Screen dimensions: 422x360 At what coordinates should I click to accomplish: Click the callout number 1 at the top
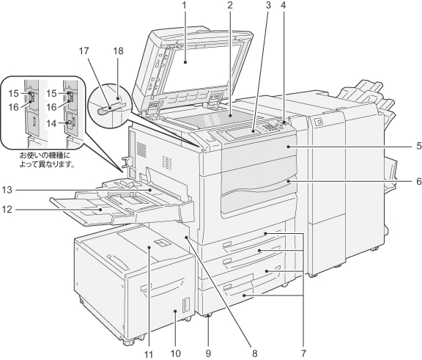click(x=185, y=5)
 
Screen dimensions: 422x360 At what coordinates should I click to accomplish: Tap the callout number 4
click(x=283, y=5)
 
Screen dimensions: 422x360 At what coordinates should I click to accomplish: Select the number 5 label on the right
click(x=419, y=146)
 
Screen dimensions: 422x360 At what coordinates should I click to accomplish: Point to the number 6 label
click(x=419, y=182)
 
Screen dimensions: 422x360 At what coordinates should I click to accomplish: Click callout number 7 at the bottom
click(x=303, y=353)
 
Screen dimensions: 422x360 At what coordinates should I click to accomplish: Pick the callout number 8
click(x=254, y=353)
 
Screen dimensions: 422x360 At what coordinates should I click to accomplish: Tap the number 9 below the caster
click(x=208, y=353)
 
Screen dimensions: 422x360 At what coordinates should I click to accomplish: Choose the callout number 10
click(x=176, y=353)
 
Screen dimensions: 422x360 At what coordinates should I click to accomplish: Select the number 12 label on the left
click(x=7, y=209)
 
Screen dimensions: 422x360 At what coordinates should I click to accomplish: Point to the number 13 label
click(x=7, y=190)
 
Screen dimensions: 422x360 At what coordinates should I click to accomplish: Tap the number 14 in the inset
click(x=51, y=124)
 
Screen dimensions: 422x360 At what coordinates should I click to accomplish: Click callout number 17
click(x=84, y=51)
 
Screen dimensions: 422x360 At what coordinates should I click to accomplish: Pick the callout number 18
click(x=118, y=51)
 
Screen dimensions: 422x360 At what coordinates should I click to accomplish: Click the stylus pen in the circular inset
click(x=109, y=109)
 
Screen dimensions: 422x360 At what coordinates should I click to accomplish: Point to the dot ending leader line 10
click(x=175, y=311)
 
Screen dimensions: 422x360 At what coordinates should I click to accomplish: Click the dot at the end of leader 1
click(x=185, y=62)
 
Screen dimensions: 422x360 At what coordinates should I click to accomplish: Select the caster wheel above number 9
click(x=208, y=316)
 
